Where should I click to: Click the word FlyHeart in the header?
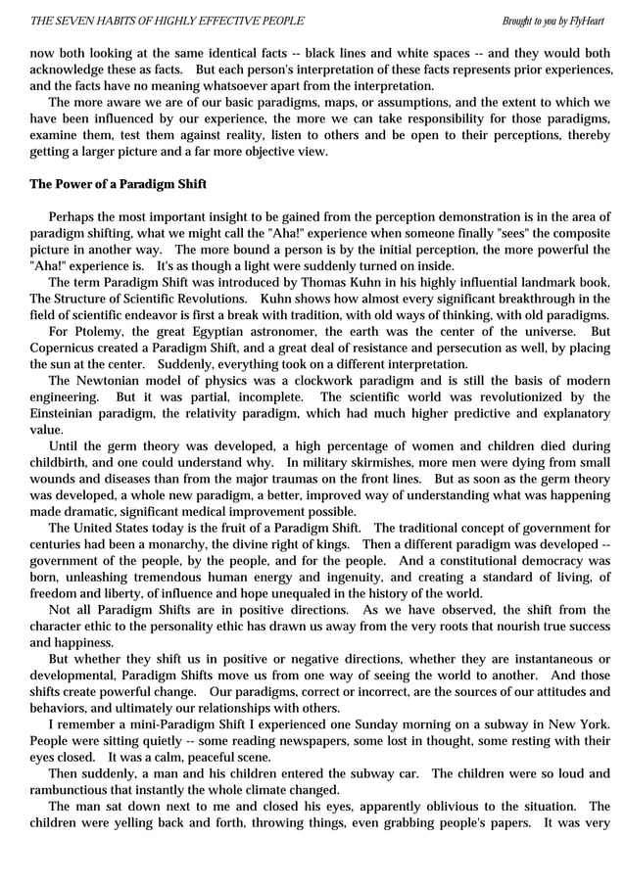pyautogui.click(x=590, y=21)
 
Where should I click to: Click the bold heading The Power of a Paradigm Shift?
pyautogui.click(x=118, y=185)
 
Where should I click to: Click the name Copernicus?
pyautogui.click(x=65, y=348)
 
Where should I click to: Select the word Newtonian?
pyautogui.click(x=111, y=381)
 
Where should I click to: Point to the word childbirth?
pyautogui.click(x=63, y=462)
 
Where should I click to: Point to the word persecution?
pyautogui.click(x=456, y=348)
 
